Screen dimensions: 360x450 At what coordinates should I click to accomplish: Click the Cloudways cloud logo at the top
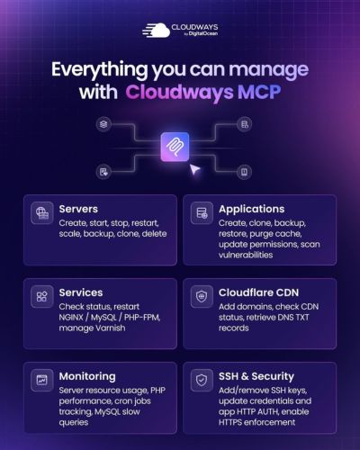coord(156,31)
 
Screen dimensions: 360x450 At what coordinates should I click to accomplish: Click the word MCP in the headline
coord(259,92)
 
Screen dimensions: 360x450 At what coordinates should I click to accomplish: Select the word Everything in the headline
coord(99,69)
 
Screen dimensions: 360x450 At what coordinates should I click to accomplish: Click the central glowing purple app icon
coord(175,147)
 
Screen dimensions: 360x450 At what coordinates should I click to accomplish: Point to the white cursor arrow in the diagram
coord(194,169)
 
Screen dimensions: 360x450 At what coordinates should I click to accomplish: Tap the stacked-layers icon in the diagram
coord(103,124)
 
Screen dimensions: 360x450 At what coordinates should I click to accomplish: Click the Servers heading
coord(78,209)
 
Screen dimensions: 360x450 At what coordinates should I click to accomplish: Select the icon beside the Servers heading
coord(42,212)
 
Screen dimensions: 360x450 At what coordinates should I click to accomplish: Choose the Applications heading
coord(251,209)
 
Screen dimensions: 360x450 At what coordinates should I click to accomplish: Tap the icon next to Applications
coord(202,212)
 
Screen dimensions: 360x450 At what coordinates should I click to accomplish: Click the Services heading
coord(81,292)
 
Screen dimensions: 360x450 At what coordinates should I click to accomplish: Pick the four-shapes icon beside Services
coord(42,296)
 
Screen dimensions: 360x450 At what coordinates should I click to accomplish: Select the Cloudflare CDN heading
coord(258,292)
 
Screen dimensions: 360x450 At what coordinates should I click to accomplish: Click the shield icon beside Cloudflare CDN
coord(202,296)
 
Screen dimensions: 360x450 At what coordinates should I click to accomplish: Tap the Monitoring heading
coord(87,376)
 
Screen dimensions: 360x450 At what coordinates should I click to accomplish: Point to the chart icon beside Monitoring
coord(42,380)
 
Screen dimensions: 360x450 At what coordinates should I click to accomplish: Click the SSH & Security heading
coord(256,376)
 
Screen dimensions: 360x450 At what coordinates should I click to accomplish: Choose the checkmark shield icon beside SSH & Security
coord(202,380)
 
